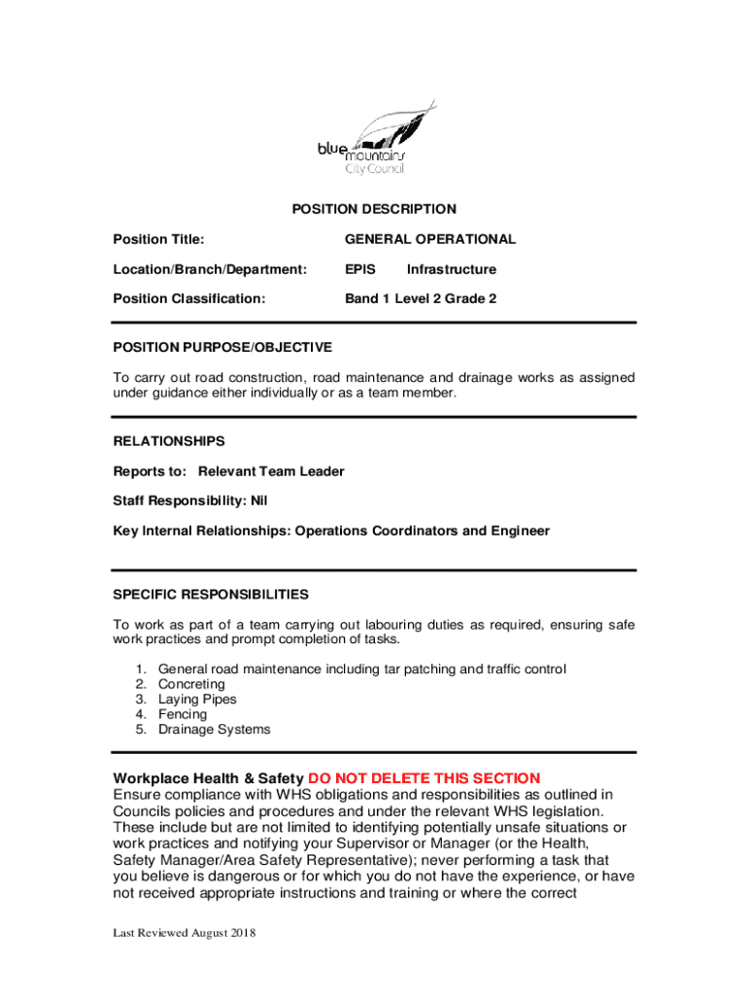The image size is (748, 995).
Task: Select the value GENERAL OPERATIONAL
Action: pos(430,239)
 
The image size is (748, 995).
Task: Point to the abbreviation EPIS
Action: pos(360,269)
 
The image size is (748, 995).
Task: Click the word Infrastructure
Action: pos(451,269)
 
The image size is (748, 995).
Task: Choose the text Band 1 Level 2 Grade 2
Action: pos(421,299)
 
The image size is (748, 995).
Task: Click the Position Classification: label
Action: pos(188,299)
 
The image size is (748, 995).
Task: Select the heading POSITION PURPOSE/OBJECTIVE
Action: pos(222,347)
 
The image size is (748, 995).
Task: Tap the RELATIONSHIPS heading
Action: pos(169,441)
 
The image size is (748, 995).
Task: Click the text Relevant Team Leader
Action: pos(271,471)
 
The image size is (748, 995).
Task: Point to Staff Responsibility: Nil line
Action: pos(190,501)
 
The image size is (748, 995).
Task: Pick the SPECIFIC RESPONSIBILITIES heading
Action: pos(211,594)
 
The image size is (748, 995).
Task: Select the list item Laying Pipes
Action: pos(197,700)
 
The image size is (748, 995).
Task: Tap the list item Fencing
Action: pos(183,714)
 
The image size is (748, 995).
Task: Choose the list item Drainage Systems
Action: pos(214,730)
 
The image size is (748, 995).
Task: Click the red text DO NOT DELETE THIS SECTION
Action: pos(424,778)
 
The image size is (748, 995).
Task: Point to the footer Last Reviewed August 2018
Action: pos(184,934)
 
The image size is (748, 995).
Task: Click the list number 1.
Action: pos(140,669)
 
